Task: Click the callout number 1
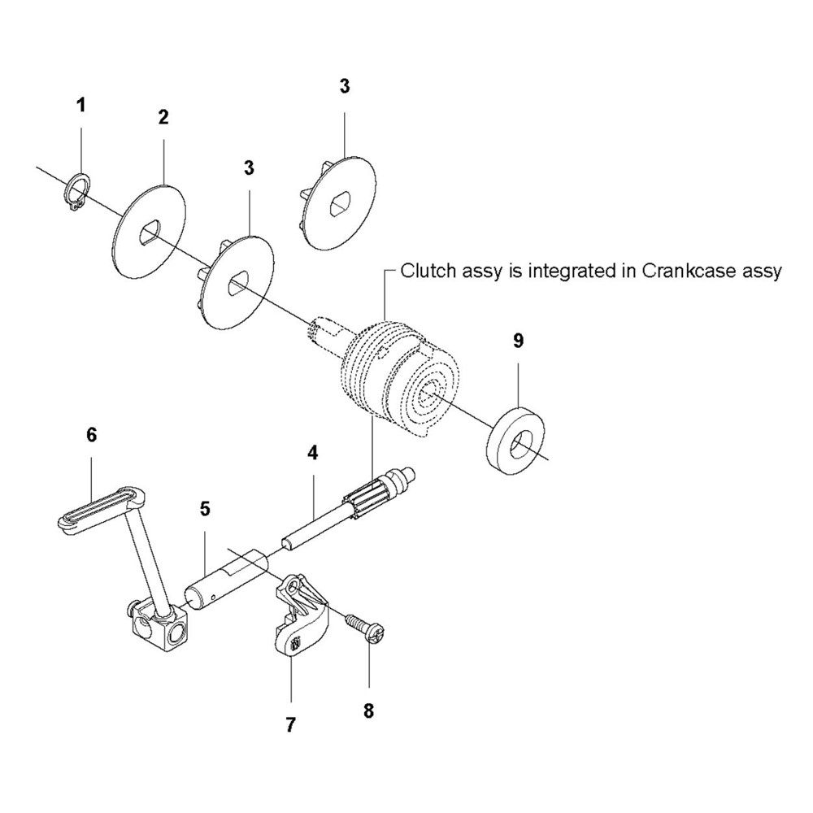80,105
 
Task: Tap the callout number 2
163,117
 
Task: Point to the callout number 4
311,452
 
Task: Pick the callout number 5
205,509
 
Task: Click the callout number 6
91,436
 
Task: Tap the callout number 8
368,711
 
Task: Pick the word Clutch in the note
424,271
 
